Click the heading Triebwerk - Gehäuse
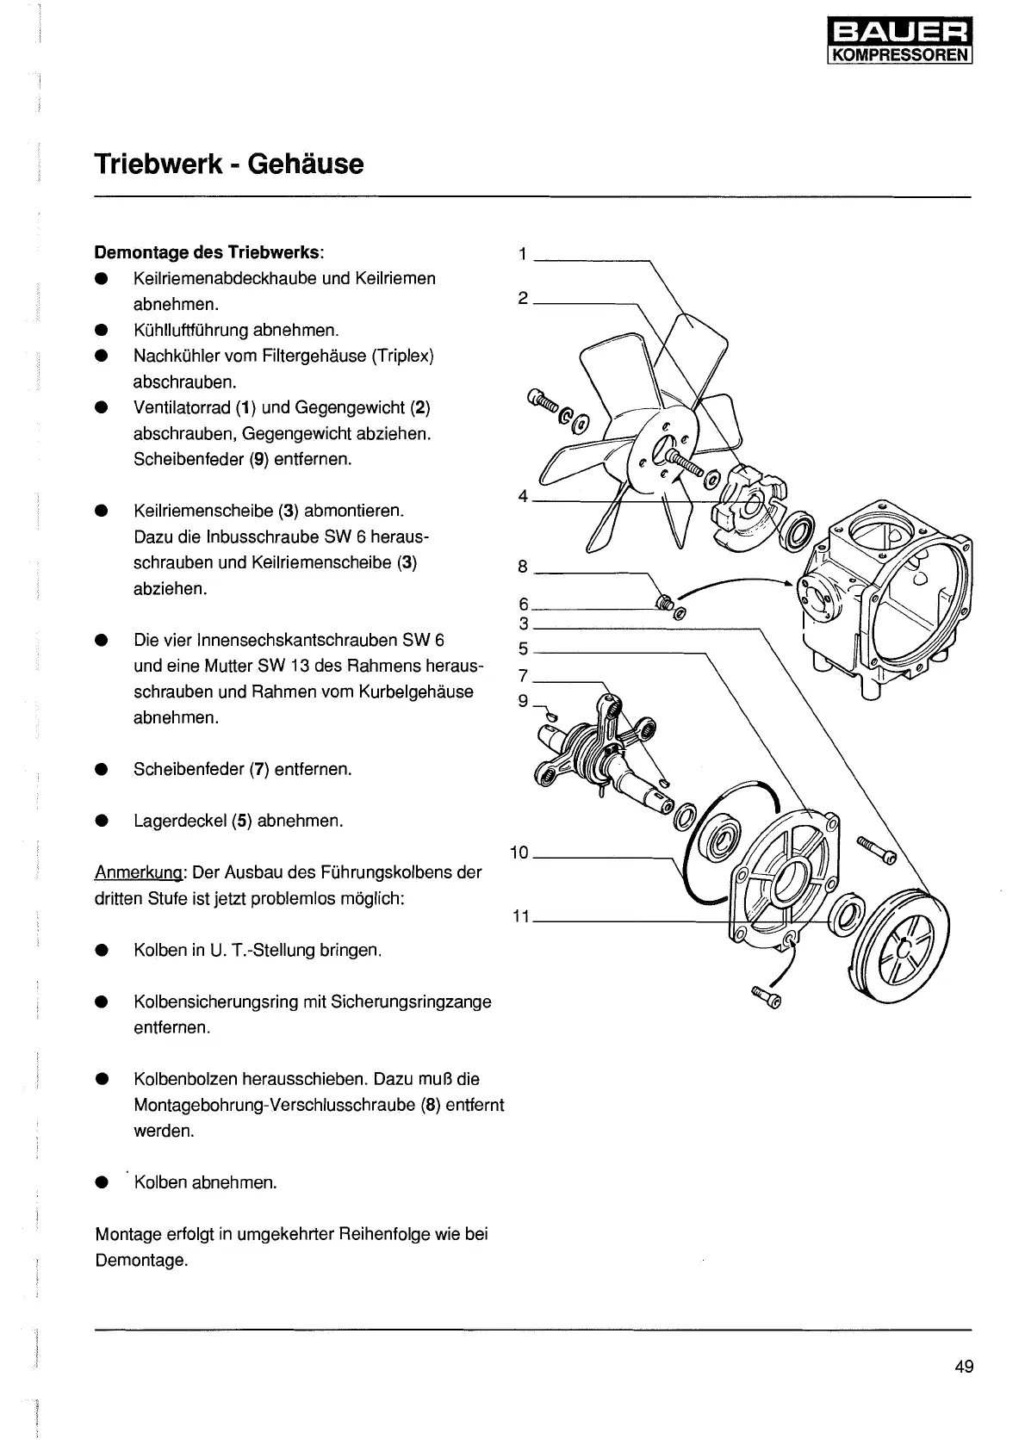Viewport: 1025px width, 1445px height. pos(229,164)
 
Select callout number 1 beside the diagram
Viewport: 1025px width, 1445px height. pos(523,254)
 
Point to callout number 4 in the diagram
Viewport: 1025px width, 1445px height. pos(523,496)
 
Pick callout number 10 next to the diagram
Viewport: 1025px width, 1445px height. pos(519,853)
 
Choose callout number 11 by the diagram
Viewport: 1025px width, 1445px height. pos(520,916)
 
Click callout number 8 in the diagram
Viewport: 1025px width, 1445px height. pos(523,566)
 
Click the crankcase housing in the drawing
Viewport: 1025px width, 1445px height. pos(887,594)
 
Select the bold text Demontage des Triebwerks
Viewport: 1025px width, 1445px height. pos(208,253)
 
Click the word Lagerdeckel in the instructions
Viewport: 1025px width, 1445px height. pos(179,821)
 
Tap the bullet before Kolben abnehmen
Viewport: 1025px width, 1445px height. pos(102,1183)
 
